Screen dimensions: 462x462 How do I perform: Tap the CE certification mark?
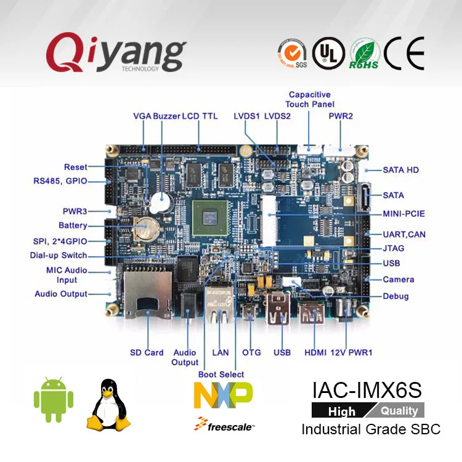pos(404,54)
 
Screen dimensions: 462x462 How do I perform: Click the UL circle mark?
pos(328,54)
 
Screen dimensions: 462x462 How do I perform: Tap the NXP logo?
pos(223,394)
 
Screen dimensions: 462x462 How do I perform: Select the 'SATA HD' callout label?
pos(401,169)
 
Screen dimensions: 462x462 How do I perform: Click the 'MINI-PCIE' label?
pos(403,214)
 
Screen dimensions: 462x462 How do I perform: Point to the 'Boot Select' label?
pos(221,374)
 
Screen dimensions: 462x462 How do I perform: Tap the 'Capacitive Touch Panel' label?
pos(309,99)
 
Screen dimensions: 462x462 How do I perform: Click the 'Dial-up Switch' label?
pos(59,256)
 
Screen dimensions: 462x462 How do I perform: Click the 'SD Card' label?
pos(147,352)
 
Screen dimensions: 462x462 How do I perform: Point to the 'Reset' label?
pos(76,167)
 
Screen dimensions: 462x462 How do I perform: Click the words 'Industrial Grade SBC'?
pos(371,429)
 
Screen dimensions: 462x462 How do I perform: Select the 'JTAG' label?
pos(394,248)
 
